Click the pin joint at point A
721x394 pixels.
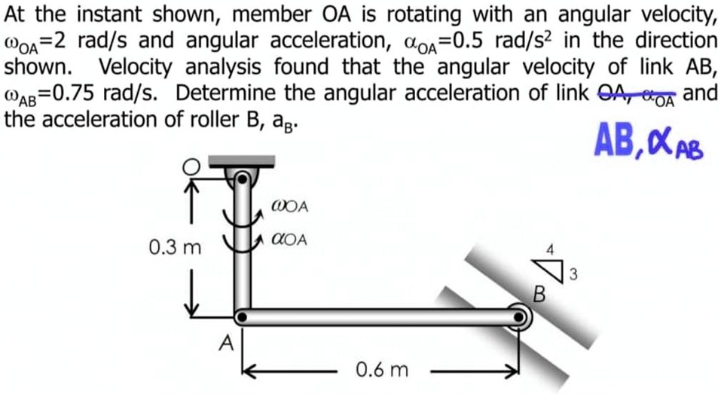[x=241, y=317]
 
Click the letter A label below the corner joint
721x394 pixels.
[x=225, y=344]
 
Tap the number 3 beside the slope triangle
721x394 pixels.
[x=573, y=275]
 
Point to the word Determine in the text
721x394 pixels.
[x=225, y=95]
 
